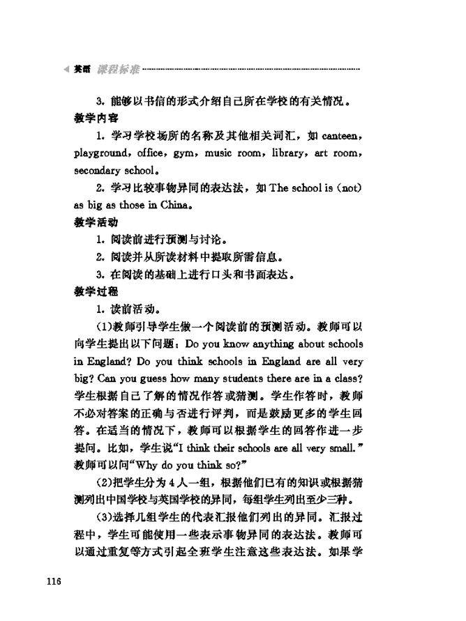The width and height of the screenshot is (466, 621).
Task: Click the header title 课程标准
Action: coord(118,70)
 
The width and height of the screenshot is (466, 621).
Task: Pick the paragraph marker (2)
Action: coord(103,483)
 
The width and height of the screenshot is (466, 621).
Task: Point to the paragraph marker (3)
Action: coord(103,518)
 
